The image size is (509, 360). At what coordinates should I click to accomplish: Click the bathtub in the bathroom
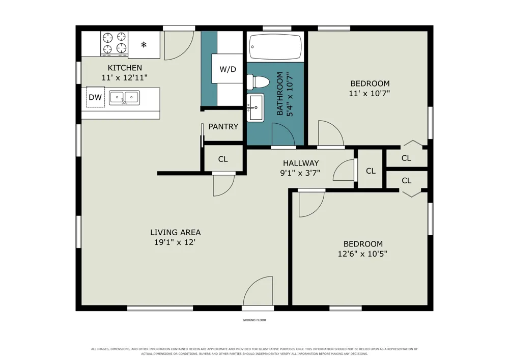point(275,46)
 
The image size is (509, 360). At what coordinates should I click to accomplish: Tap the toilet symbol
point(258,82)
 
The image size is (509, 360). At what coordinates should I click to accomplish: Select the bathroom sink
point(256,107)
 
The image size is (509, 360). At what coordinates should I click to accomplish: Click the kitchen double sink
point(124,98)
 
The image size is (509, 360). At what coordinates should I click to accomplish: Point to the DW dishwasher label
point(96,97)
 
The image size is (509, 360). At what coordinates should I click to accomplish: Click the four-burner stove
point(114,43)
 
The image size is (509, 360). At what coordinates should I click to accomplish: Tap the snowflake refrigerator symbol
point(144,44)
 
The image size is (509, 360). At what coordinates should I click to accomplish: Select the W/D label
point(228,69)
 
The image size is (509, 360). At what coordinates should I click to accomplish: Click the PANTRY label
point(223,127)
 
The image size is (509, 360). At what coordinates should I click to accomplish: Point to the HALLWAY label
point(301,163)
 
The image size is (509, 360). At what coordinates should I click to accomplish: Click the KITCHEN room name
point(125,68)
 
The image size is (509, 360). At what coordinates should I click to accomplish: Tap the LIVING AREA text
point(175,232)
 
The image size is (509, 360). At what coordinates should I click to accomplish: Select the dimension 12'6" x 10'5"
point(362,254)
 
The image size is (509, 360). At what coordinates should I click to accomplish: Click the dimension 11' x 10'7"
point(370,94)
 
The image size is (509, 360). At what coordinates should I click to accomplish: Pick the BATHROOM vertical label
point(279,94)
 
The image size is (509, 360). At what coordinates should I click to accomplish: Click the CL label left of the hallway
point(223,159)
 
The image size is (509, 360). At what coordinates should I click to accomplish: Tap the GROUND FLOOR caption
point(254,320)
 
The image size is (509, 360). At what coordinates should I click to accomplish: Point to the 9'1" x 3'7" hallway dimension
point(300,173)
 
